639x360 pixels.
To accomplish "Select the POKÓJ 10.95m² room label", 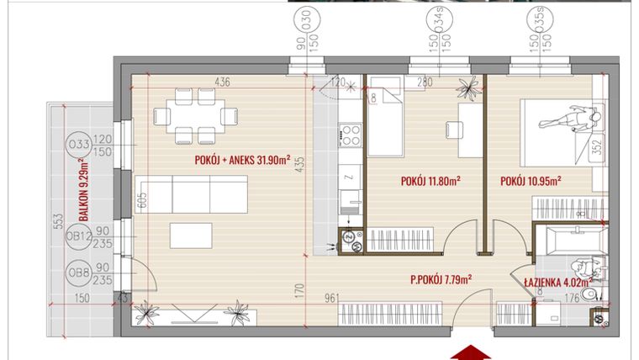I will pyautogui.click(x=530, y=180).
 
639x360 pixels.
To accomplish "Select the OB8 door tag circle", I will pyautogui.click(x=80, y=274).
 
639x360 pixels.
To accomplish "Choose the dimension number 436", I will pyautogui.click(x=222, y=82).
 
